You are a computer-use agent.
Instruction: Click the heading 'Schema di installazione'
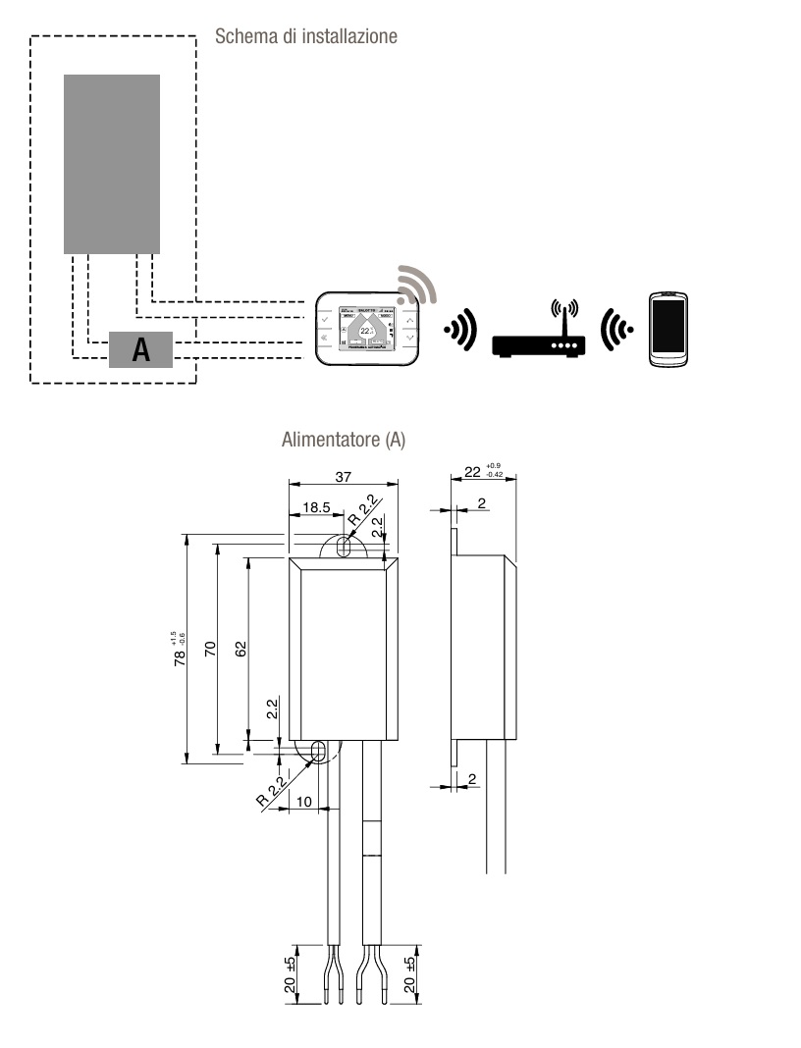point(305,37)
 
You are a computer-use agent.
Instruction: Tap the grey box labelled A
point(140,350)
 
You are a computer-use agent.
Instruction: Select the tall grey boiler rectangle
point(112,164)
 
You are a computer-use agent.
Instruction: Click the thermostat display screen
point(366,329)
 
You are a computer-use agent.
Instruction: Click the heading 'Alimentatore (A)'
point(343,441)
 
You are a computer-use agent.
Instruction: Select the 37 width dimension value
point(344,476)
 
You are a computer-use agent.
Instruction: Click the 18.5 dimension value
point(315,509)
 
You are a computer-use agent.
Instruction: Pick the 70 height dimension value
point(210,649)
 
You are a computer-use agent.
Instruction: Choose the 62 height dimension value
point(240,649)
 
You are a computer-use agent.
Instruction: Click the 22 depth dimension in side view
point(472,472)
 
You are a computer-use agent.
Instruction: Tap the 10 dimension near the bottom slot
point(303,802)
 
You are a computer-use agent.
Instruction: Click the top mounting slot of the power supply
point(342,548)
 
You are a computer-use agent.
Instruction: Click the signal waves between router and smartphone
point(615,328)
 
